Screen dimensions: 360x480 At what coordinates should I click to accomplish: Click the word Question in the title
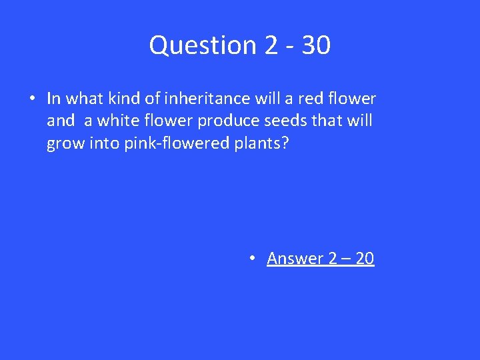point(201,45)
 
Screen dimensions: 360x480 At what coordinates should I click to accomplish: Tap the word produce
point(207,121)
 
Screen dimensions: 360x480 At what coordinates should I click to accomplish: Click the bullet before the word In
point(32,99)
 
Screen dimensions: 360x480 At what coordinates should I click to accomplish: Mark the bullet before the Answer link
point(253,258)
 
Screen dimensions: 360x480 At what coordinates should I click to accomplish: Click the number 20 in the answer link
point(365,258)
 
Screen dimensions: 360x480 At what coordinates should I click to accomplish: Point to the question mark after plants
point(286,143)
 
